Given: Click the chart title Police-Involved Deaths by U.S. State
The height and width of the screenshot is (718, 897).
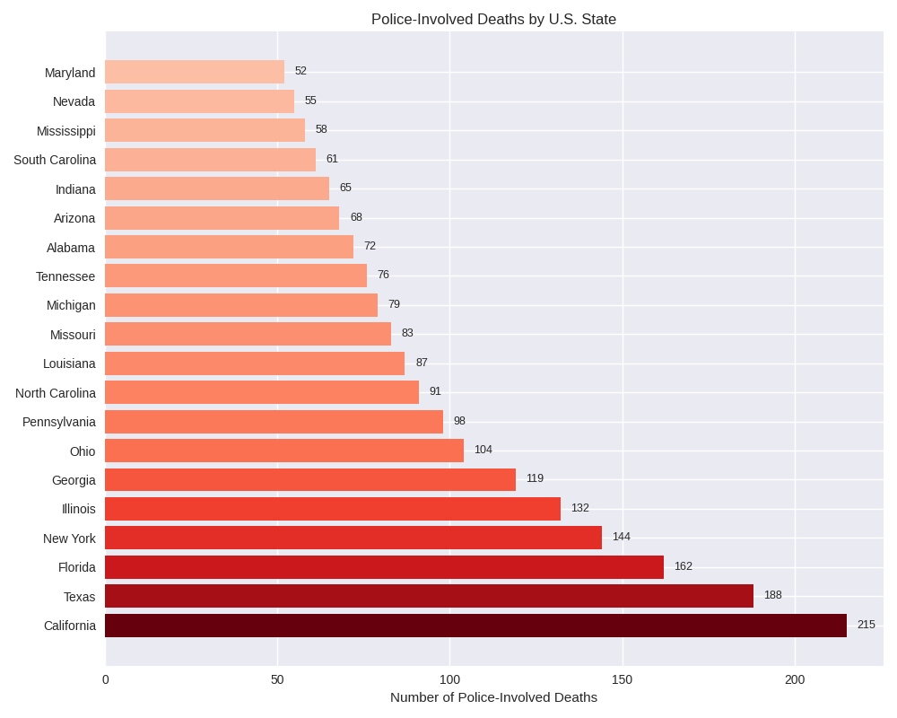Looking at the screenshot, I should [493, 20].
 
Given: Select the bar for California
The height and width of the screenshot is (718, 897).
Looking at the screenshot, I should [475, 626].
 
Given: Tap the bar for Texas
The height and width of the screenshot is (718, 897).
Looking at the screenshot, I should [429, 596].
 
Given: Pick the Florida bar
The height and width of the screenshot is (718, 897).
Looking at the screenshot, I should [384, 567].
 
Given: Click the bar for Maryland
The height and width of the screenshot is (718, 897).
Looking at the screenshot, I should [195, 72].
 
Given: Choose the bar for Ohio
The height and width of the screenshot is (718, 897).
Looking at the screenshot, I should [284, 451].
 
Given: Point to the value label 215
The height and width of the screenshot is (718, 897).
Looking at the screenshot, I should [866, 625].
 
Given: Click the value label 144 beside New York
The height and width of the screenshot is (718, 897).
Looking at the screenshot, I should [621, 537].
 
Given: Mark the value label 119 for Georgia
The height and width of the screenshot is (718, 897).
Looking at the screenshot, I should [535, 478].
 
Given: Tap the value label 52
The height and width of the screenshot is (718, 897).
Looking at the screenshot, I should [300, 71].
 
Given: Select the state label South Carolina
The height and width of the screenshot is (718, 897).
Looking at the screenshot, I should [55, 160].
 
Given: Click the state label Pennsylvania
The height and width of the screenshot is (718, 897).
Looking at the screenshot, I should [59, 422].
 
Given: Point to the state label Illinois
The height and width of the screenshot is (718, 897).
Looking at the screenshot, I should [79, 509].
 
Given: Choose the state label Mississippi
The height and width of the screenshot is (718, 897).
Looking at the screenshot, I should [66, 131].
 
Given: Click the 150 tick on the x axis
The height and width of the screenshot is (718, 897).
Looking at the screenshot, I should [622, 679].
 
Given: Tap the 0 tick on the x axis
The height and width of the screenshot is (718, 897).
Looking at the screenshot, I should [106, 679].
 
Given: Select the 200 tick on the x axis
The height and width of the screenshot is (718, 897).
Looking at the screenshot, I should [795, 679].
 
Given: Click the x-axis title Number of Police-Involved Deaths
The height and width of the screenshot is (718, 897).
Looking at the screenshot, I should [493, 697].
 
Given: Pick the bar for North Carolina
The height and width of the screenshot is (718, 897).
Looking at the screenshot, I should [262, 392].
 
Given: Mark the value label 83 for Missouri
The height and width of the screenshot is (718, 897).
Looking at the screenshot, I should [407, 333].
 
